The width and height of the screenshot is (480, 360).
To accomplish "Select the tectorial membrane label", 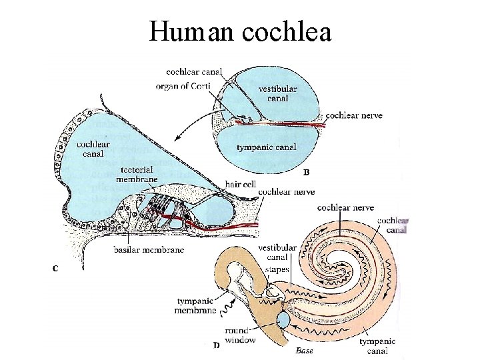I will pyautogui.click(x=137, y=174).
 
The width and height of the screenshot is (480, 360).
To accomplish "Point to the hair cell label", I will pyautogui.click(x=240, y=183).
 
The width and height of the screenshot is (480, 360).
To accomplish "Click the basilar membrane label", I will pyautogui.click(x=149, y=250).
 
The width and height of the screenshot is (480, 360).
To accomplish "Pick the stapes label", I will pyautogui.click(x=277, y=269).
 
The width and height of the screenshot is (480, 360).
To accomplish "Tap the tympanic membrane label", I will pyautogui.click(x=197, y=306).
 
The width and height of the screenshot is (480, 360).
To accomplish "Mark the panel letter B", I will pyautogui.click(x=307, y=172).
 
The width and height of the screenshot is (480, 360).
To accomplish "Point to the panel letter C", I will pyautogui.click(x=55, y=269).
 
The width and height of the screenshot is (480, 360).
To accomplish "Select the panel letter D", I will pyautogui.click(x=216, y=345).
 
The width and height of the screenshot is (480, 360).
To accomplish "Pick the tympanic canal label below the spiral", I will pyautogui.click(x=377, y=346).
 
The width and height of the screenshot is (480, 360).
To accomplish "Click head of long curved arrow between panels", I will pyautogui.click(x=175, y=139).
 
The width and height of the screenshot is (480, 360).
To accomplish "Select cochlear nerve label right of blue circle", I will pyautogui.click(x=354, y=115).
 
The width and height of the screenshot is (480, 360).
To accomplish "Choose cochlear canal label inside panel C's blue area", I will pyautogui.click(x=93, y=149).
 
